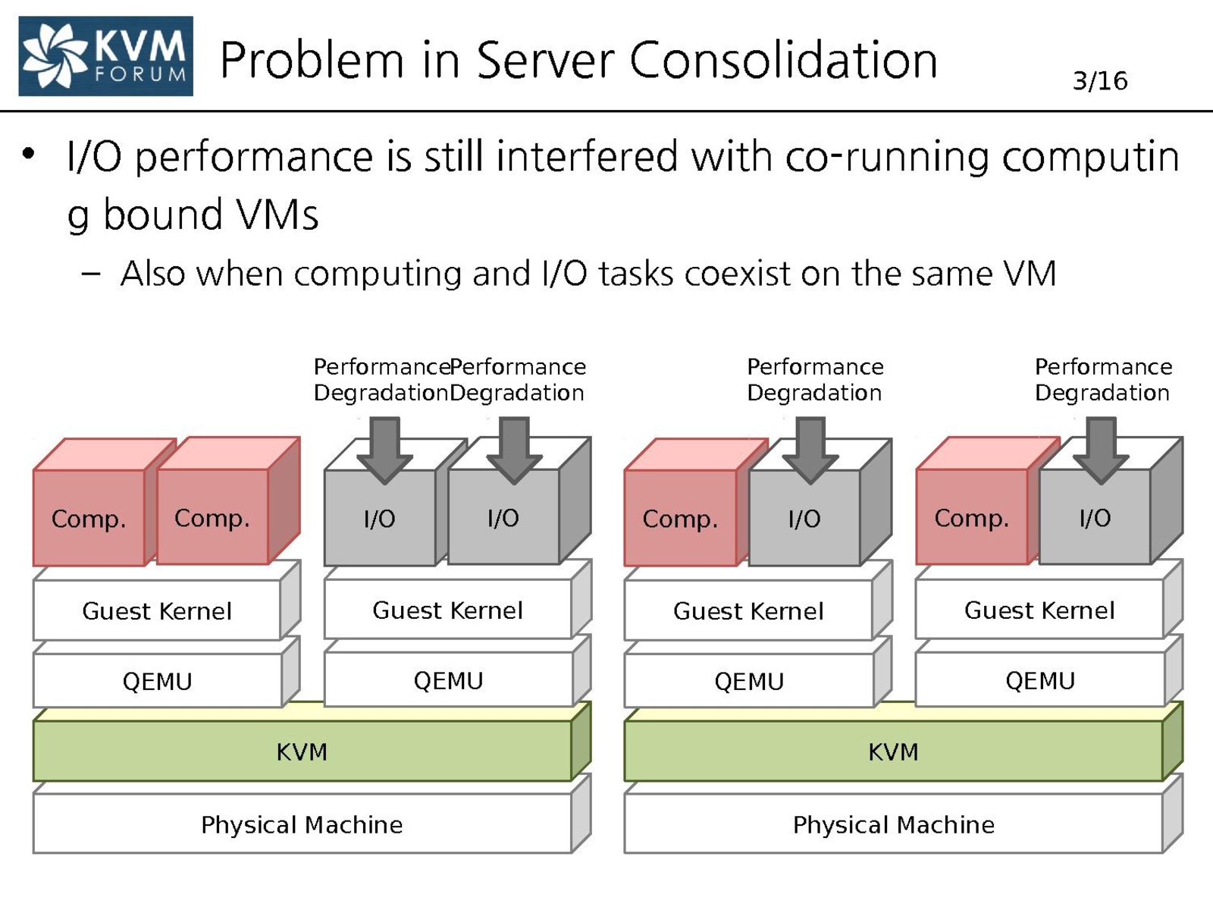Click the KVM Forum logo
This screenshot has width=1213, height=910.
[105, 56]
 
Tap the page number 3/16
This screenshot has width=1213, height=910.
[1099, 80]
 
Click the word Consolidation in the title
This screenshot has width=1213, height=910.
[783, 60]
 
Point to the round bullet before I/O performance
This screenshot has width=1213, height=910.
[29, 154]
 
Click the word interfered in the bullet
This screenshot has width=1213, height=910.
[587, 157]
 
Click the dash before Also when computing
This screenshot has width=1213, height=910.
[90, 274]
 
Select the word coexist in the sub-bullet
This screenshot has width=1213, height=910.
[737, 274]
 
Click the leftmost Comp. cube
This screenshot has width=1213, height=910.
[89, 518]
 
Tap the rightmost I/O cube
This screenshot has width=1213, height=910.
[1095, 518]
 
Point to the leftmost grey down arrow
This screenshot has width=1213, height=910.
[384, 450]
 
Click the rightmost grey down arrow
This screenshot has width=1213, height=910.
[1101, 450]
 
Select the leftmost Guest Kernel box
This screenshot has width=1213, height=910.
[157, 610]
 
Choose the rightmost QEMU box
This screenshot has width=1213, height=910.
[1039, 680]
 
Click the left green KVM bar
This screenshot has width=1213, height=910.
[302, 752]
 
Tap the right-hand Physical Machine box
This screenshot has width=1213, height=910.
[893, 824]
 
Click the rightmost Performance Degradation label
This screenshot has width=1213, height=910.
[1103, 380]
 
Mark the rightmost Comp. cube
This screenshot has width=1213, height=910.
[971, 518]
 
